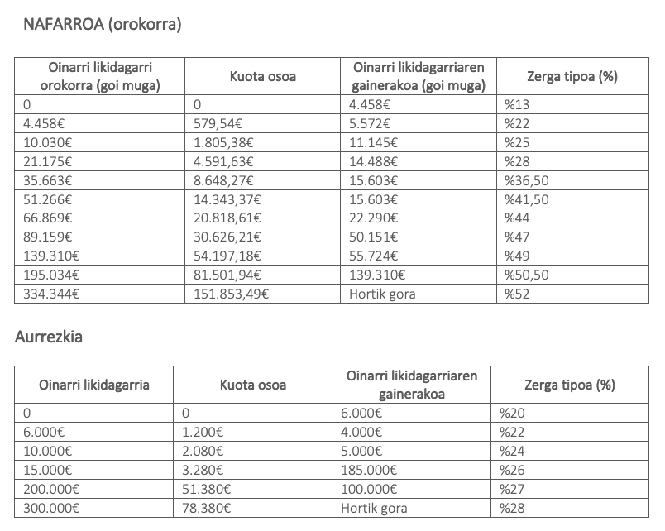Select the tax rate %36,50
[x=527, y=180]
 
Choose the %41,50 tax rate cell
[x=527, y=199]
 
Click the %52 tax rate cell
[x=517, y=294]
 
